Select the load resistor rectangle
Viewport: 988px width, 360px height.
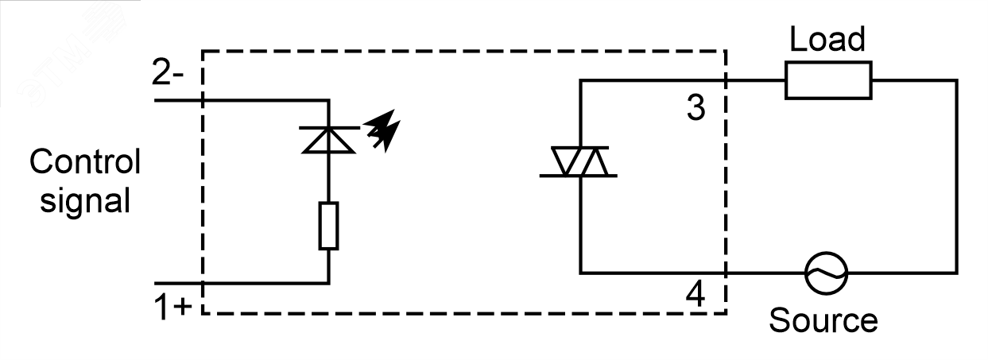coord(828,80)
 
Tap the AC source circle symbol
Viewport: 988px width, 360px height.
coord(827,273)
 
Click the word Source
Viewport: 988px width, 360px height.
coord(823,320)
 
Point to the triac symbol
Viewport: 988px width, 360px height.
coord(580,162)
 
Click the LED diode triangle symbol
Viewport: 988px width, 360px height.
coord(327,139)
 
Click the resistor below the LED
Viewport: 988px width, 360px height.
coord(327,226)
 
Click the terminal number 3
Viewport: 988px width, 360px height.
coord(695,107)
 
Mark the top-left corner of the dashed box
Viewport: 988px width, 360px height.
coord(203,52)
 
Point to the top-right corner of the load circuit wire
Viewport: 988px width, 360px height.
coord(954,80)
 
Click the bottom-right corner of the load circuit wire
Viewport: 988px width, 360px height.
coord(954,273)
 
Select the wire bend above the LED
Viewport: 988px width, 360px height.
coord(327,100)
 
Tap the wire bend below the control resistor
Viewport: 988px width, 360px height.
coord(327,283)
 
